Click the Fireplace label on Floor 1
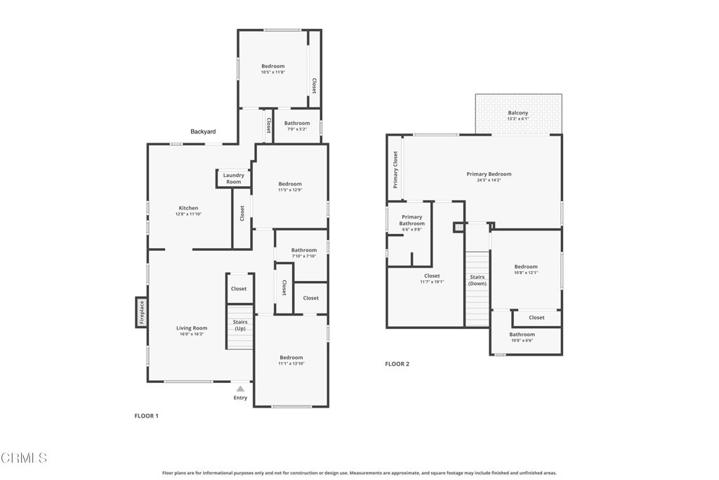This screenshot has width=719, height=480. [142, 312]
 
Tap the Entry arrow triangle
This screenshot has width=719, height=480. [240, 389]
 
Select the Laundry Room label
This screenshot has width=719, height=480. [233, 179]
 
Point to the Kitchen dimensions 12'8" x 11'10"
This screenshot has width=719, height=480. [188, 214]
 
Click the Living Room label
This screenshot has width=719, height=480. [192, 328]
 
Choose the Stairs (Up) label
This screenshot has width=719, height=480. [240, 325]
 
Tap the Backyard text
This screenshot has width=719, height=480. [203, 131]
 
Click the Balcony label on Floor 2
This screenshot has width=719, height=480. [518, 113]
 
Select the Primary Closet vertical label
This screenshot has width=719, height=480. [395, 170]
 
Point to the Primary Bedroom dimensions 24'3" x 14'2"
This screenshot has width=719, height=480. [489, 181]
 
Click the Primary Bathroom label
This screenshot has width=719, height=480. [411, 220]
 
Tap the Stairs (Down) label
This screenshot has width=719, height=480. [477, 280]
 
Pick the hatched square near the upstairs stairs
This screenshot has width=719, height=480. [459, 227]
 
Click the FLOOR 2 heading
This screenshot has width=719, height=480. [397, 364]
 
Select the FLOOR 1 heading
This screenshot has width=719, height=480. [146, 416]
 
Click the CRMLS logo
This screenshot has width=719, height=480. [24, 458]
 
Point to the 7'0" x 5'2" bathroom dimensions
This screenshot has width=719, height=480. [297, 129]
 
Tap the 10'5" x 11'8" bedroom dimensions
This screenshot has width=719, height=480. [273, 72]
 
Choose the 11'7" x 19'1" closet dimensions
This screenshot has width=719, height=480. [432, 283]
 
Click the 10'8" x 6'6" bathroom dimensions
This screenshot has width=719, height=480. [522, 340]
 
